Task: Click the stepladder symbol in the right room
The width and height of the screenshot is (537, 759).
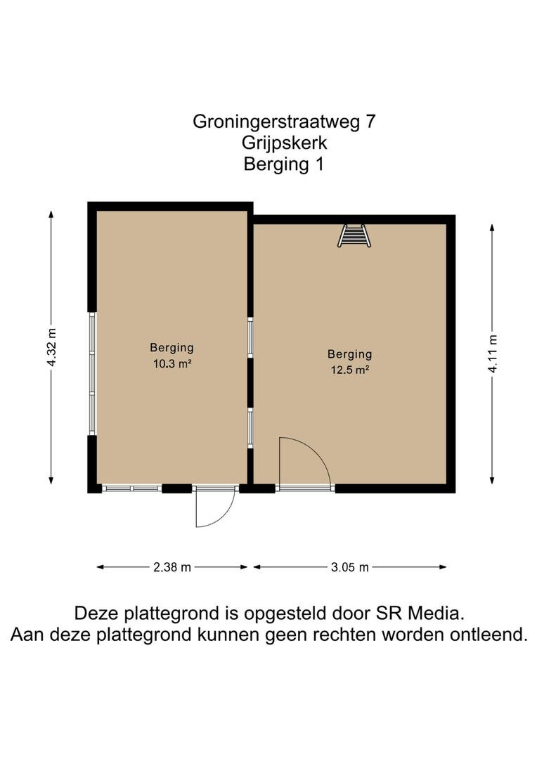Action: pos(354,235)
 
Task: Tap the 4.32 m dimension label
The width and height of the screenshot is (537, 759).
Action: pos(51,347)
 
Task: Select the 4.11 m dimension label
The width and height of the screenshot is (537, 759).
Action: pos(492,353)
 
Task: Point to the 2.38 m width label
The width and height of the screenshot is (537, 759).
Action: pos(172,567)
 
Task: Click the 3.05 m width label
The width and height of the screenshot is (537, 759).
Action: pos(349,567)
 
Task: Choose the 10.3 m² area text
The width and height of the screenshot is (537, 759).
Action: pos(172,363)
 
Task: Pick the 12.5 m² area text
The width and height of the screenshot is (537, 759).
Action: pos(350,370)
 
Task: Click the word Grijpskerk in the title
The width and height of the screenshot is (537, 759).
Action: pos(284,143)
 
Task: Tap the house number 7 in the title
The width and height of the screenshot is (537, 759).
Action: pos(370,121)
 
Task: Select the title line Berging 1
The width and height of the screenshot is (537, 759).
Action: pos(284,164)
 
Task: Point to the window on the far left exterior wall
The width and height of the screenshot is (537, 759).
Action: pos(92,373)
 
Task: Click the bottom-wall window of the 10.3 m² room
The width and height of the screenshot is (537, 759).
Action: pos(131,489)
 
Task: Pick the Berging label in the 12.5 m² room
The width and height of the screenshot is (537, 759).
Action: pos(349,355)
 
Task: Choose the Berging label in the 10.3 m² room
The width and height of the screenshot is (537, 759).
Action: pos(172,348)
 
